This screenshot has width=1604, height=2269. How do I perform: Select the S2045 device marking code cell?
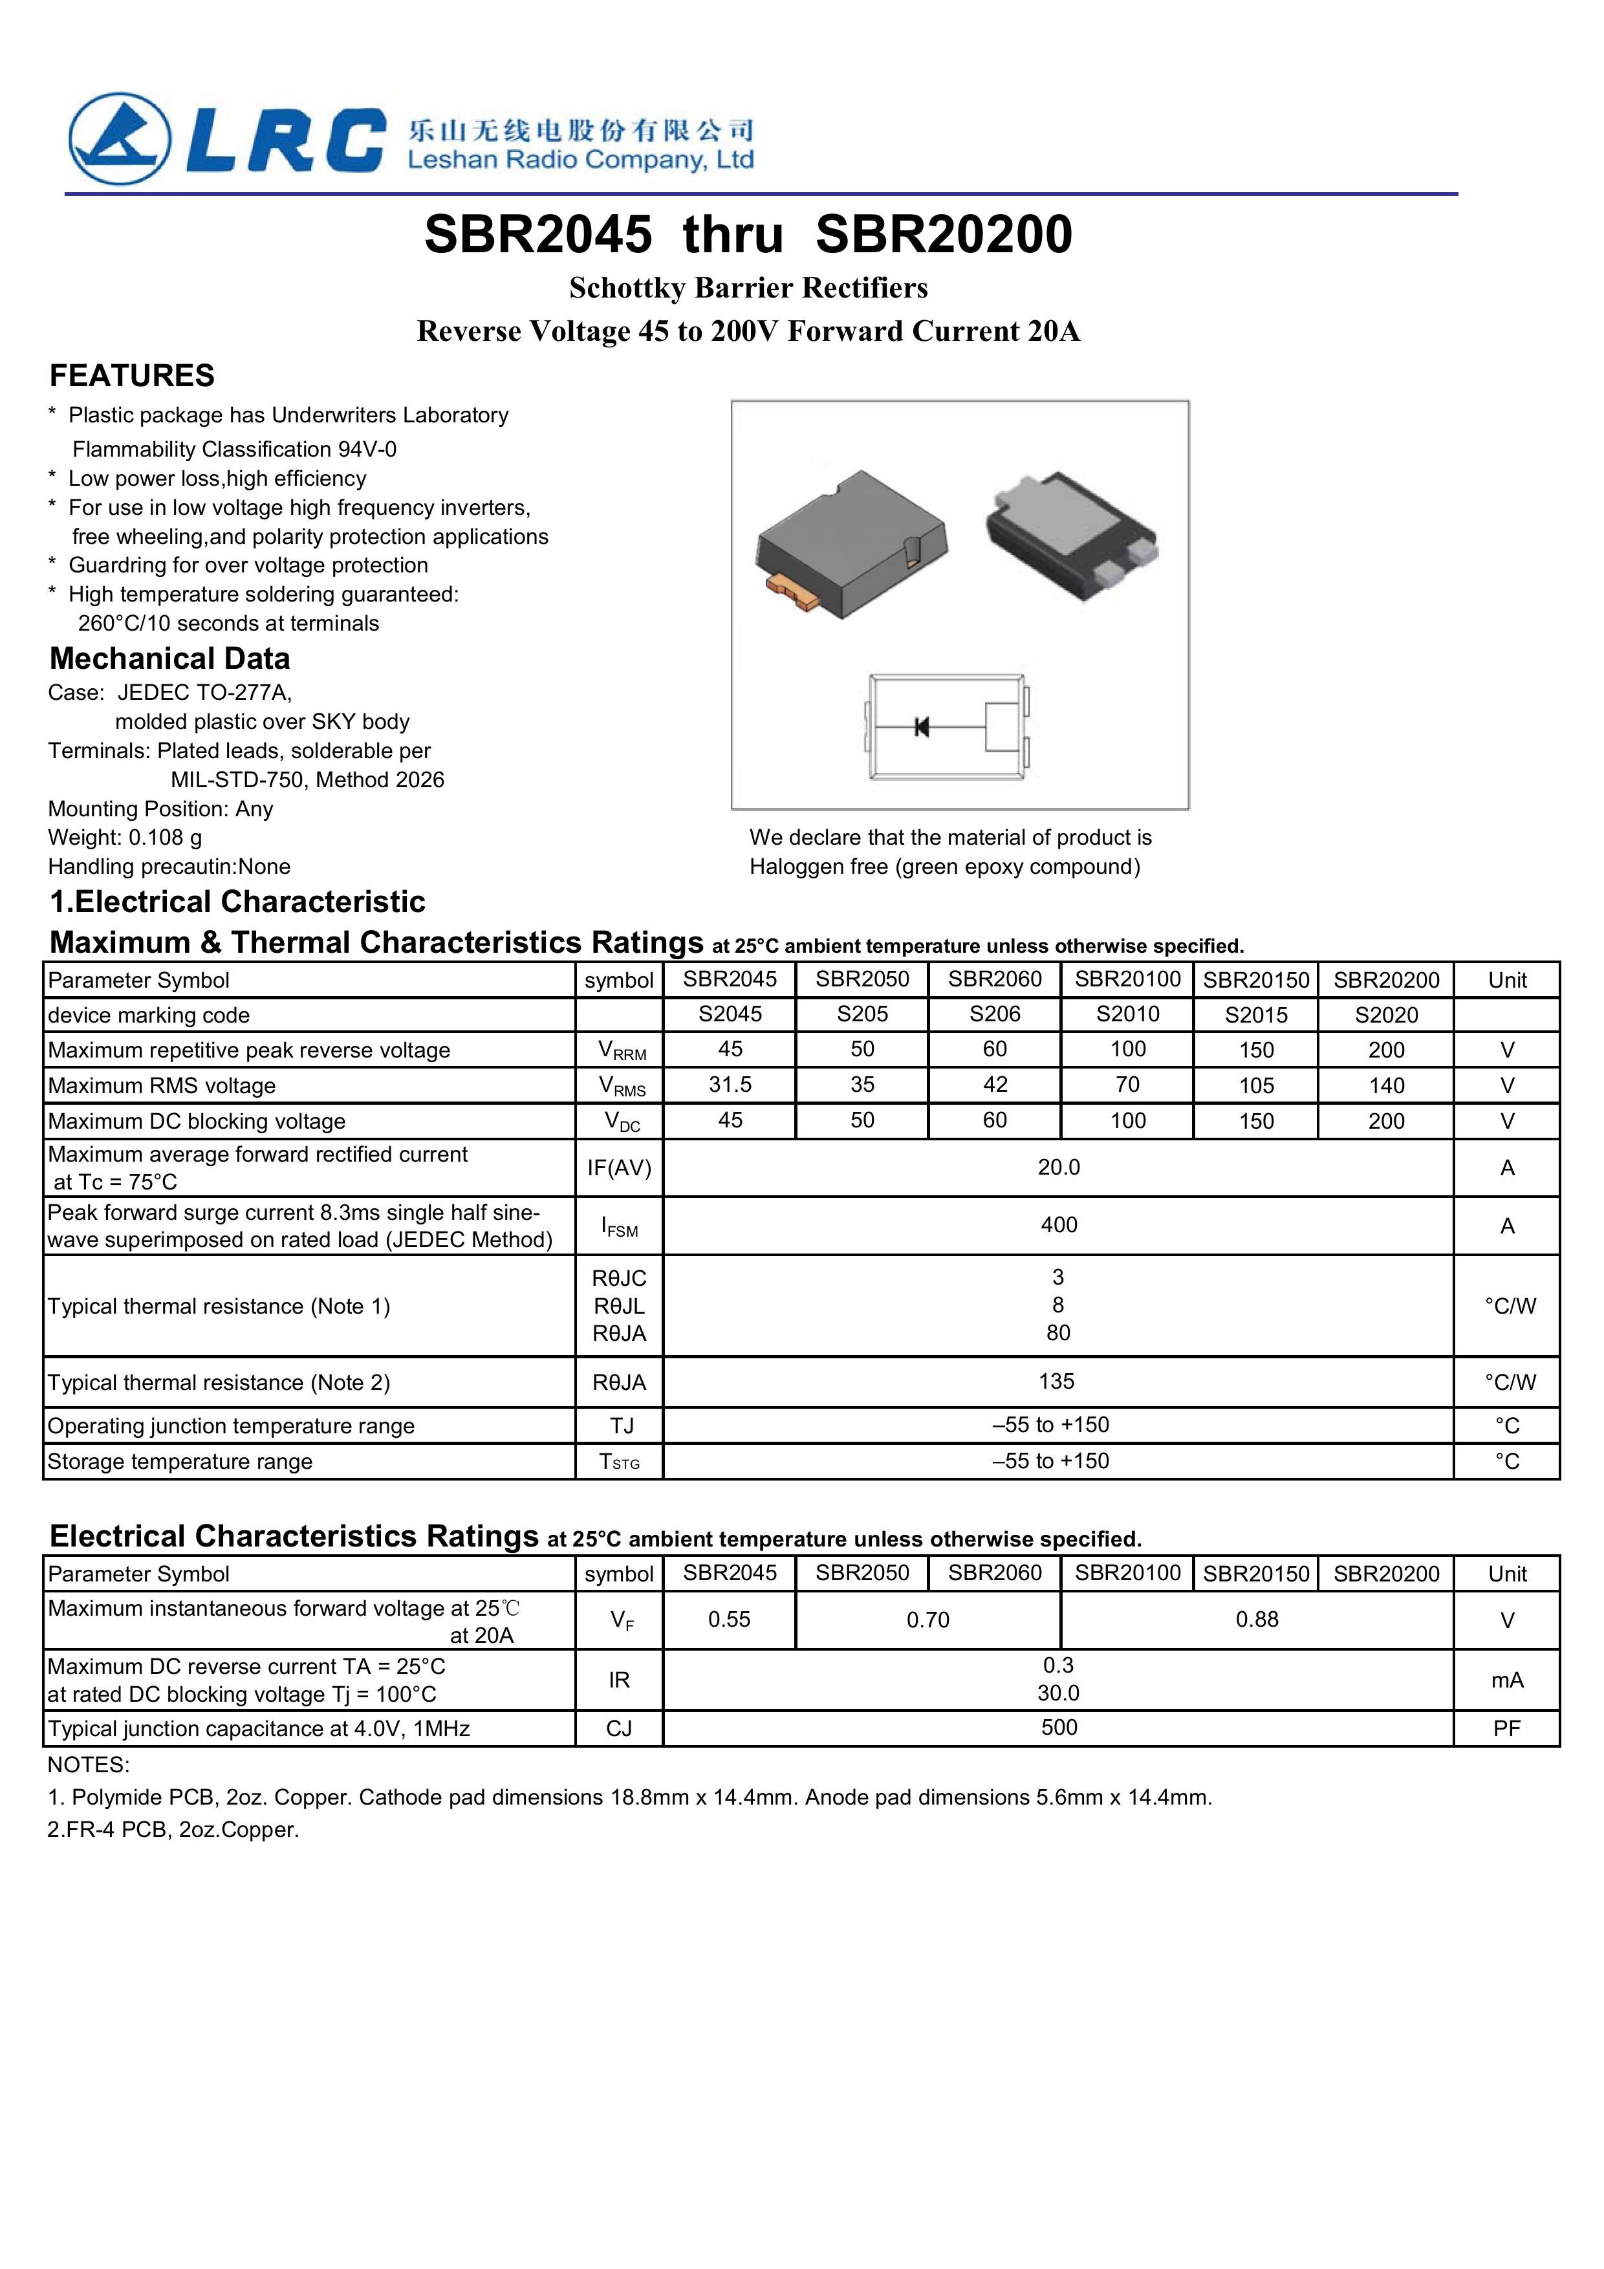(x=730, y=1015)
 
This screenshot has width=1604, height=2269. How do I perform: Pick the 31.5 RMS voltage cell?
(x=730, y=1085)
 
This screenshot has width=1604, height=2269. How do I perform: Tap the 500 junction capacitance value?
(x=1059, y=1728)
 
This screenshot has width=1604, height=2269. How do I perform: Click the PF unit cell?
(x=1506, y=1728)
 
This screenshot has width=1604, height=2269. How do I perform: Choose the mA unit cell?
(x=1506, y=1680)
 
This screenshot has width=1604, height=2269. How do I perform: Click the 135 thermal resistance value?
(x=1056, y=1382)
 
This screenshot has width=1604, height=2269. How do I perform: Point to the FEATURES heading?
(x=131, y=376)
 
